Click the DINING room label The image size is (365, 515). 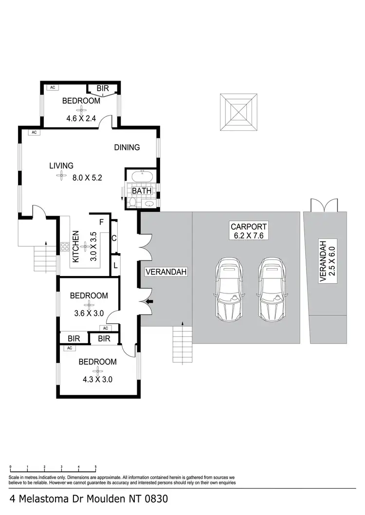[x=127, y=147]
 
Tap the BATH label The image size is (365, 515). [x=142, y=191]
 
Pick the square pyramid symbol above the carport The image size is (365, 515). [x=238, y=111]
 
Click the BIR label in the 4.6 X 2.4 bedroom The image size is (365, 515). [x=103, y=88]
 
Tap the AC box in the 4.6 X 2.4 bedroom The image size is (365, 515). [x=52, y=87]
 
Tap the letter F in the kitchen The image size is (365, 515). [x=101, y=223]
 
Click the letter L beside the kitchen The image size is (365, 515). [x=114, y=265]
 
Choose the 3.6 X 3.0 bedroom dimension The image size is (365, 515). [x=89, y=313]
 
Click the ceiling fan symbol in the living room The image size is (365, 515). [x=61, y=177]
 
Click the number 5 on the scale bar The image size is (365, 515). [x=95, y=466]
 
